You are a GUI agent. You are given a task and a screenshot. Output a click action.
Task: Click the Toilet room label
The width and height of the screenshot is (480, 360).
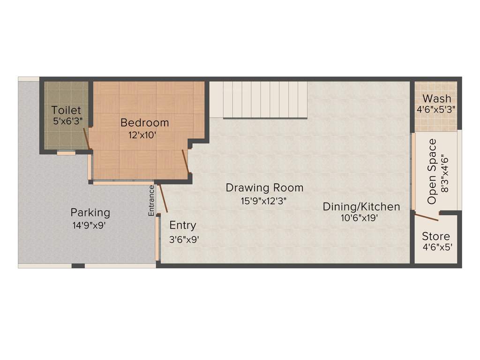tap(66, 111)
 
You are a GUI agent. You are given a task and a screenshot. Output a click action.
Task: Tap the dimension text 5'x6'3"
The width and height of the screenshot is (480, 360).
tap(68, 120)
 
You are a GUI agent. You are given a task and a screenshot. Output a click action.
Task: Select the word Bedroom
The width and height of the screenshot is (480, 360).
tap(144, 123)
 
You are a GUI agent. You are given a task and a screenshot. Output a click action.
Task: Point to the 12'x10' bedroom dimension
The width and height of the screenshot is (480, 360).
tap(142, 135)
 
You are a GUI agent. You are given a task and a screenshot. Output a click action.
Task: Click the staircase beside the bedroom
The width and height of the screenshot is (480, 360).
tap(258, 99)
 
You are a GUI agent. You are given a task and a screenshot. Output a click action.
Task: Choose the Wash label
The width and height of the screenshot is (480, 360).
tap(437, 99)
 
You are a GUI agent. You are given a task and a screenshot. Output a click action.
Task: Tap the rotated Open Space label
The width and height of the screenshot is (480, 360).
tap(432, 171)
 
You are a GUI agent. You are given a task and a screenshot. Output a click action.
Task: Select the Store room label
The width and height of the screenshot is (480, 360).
tap(436, 236)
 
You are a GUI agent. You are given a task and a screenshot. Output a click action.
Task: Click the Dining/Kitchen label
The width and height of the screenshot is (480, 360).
tap(361, 206)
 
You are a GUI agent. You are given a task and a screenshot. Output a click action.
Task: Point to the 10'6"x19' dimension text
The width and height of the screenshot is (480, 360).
tap(360, 218)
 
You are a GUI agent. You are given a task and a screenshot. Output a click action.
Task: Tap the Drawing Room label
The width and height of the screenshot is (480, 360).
tap(264, 188)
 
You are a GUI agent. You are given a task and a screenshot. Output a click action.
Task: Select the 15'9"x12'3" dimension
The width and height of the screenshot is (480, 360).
tap(263, 200)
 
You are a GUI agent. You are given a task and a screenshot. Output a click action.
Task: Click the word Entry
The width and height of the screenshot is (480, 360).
tap(183, 225)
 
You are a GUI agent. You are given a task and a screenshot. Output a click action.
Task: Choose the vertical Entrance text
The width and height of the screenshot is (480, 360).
tap(151, 201)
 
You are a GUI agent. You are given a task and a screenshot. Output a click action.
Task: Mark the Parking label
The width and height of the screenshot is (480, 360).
tap(90, 212)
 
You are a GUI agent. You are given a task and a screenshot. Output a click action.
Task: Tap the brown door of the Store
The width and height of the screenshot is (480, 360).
tap(427, 217)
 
